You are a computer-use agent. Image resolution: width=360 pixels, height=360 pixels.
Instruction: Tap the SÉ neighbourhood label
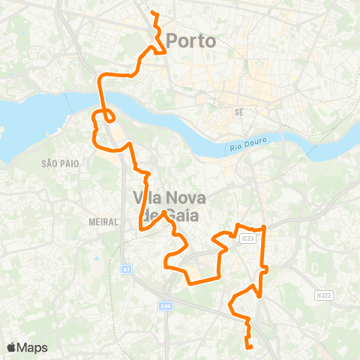click(x=240, y=111)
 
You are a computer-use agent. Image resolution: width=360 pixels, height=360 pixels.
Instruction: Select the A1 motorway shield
click(x=125, y=268)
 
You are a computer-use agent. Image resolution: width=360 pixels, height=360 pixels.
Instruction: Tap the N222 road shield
click(x=323, y=295)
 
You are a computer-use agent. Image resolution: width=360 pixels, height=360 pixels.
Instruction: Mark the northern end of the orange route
click(x=152, y=13)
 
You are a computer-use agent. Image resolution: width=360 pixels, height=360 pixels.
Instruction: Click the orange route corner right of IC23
click(x=265, y=228)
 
